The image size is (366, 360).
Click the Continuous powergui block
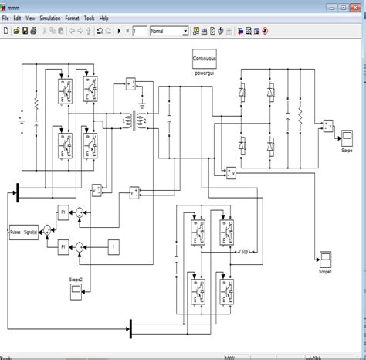pyautogui.click(x=207, y=58)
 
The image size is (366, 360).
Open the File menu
pyautogui.click(x=6, y=17)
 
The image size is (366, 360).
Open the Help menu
pyautogui.click(x=104, y=17)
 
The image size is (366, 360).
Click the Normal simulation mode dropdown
pyautogui.click(x=168, y=32)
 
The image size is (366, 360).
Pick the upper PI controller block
pyautogui.click(x=63, y=211)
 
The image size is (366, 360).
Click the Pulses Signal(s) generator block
pyautogui.click(x=23, y=229)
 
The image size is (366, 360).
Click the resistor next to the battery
pyautogui.click(x=36, y=102)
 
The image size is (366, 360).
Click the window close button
pyautogui.click(x=357, y=5)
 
